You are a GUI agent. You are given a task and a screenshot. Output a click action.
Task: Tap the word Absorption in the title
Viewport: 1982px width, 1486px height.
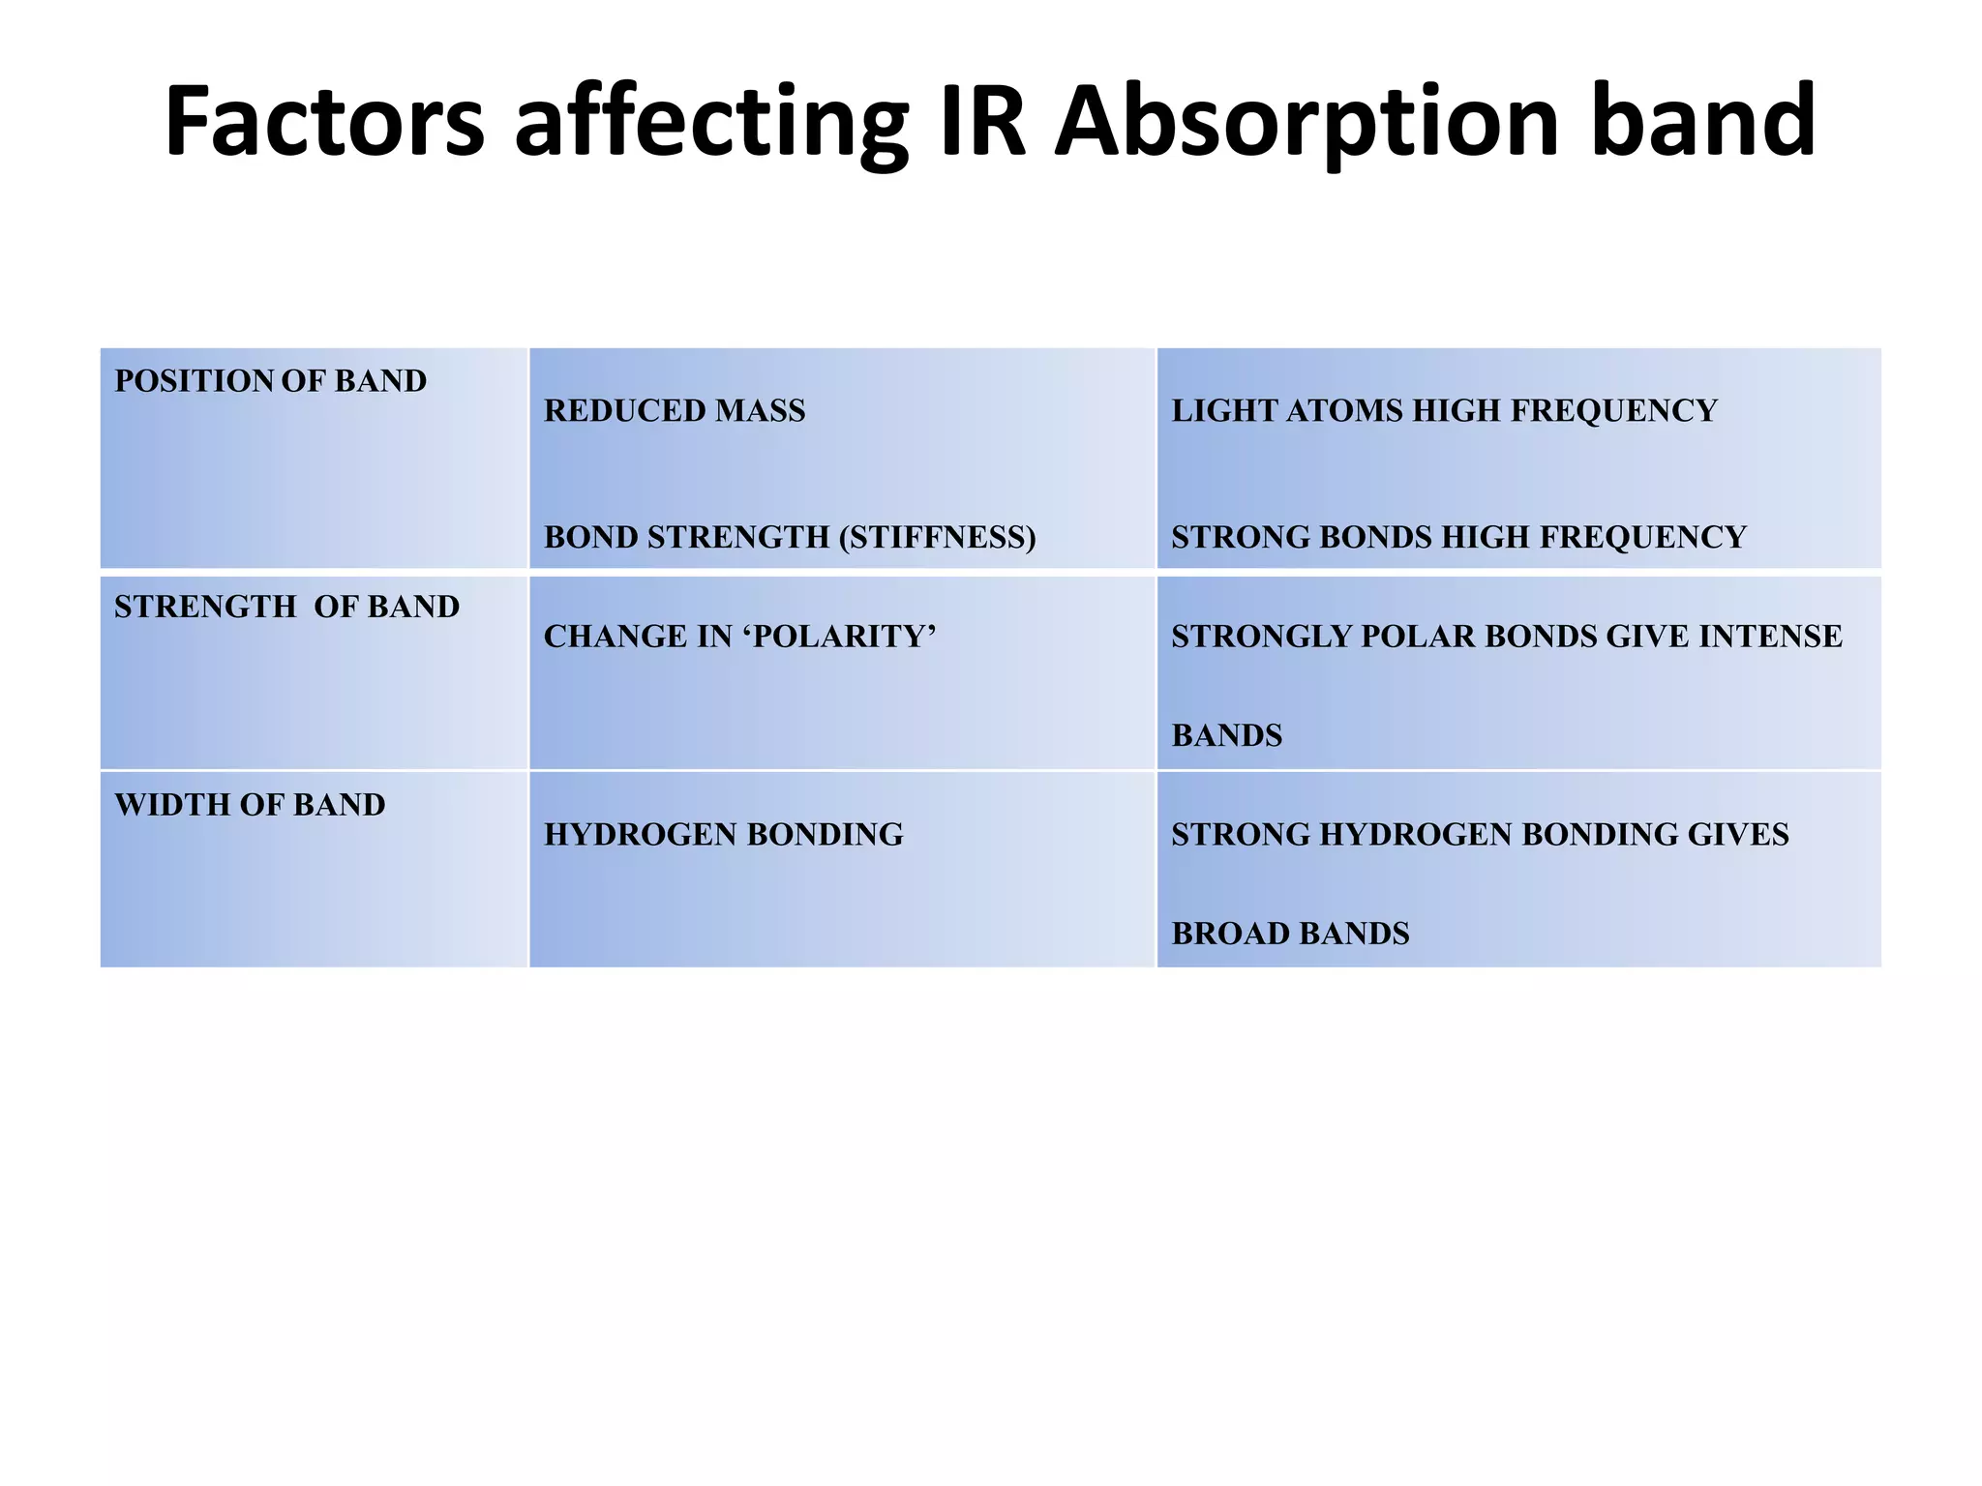(x=1306, y=124)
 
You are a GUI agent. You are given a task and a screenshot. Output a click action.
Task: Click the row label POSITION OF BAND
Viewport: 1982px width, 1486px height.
(x=270, y=381)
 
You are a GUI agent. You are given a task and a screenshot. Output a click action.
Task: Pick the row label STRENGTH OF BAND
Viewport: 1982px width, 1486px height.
(x=286, y=607)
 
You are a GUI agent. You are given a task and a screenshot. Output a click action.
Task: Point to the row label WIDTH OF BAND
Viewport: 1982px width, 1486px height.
(x=250, y=805)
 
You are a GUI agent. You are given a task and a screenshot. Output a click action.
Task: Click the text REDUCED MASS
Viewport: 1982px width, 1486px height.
(x=674, y=411)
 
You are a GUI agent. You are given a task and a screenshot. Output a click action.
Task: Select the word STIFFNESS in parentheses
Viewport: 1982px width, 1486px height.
(x=937, y=537)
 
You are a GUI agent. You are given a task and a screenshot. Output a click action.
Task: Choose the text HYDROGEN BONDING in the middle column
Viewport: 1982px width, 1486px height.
(x=723, y=835)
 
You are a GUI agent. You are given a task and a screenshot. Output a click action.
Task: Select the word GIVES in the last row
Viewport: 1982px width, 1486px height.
(x=1738, y=835)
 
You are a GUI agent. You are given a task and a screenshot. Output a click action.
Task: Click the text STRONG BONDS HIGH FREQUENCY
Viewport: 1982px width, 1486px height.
(x=1458, y=537)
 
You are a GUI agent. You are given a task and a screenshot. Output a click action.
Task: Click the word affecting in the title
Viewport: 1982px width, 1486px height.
(x=711, y=124)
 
